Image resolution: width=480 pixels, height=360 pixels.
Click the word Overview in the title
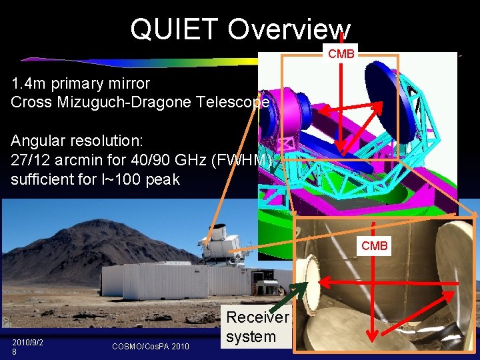click(x=289, y=29)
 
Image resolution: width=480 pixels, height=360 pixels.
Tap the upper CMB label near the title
click(x=341, y=54)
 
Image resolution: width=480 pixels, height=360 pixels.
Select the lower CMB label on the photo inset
click(x=374, y=246)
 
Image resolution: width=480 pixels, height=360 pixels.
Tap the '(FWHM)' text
click(x=246, y=161)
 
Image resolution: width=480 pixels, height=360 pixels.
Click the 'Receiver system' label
click(x=257, y=327)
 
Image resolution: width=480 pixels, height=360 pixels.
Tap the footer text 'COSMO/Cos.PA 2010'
click(x=150, y=346)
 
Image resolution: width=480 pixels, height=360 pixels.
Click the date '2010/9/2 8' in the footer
click(x=27, y=346)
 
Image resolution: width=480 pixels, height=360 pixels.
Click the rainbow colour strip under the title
click(x=167, y=63)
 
